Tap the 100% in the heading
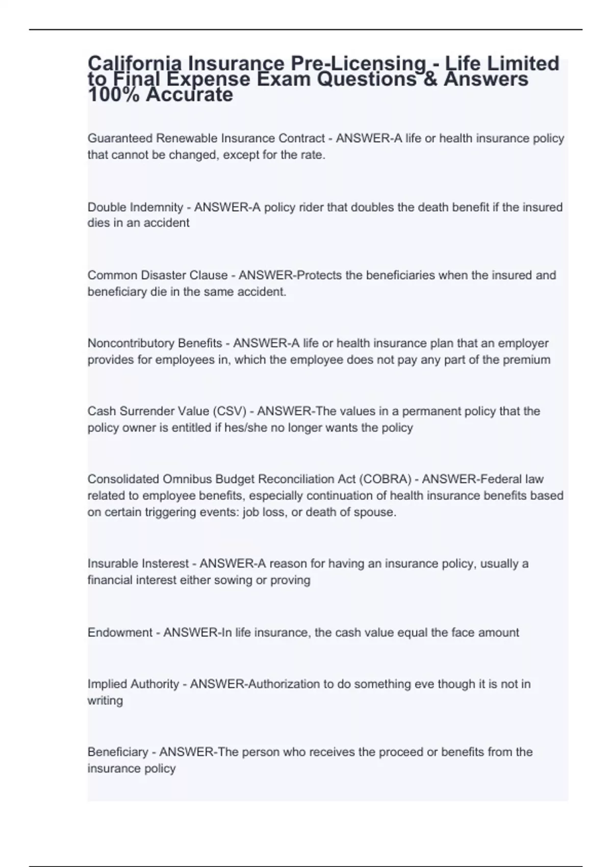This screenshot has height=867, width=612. click(113, 95)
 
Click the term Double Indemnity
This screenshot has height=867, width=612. click(135, 207)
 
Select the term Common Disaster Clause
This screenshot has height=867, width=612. click(158, 275)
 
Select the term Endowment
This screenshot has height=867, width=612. click(120, 632)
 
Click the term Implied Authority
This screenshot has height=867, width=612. click(133, 684)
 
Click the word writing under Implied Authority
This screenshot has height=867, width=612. click(105, 701)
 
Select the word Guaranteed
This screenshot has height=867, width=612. click(120, 138)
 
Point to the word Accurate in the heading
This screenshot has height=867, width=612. click(189, 95)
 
